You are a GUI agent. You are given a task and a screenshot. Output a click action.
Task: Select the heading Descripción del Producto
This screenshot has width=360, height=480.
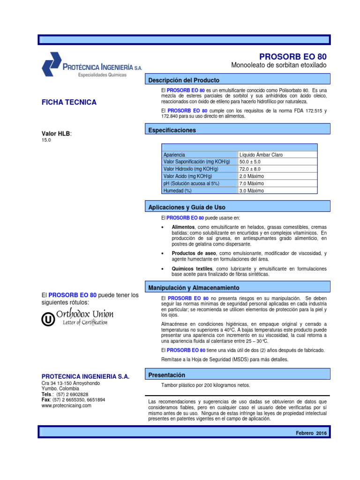click(184, 80)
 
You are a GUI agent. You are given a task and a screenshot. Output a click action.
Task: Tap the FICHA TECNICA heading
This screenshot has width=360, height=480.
click(69, 102)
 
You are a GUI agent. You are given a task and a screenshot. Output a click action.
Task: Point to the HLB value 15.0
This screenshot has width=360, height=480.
click(46, 140)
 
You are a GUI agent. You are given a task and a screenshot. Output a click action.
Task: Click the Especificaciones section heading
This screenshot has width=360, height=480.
click(172, 130)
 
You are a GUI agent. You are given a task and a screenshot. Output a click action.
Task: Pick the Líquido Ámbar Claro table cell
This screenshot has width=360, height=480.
click(261, 155)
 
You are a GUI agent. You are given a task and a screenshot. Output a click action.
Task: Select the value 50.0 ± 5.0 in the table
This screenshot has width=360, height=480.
click(250, 162)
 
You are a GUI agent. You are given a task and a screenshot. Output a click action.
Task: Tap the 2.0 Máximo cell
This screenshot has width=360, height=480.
click(252, 176)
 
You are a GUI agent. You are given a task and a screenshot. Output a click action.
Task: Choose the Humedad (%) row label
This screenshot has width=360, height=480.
click(178, 191)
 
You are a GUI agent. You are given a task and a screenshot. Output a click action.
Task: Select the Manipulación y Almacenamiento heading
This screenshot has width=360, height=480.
click(194, 287)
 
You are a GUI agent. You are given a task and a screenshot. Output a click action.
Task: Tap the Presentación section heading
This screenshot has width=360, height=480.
click(166, 375)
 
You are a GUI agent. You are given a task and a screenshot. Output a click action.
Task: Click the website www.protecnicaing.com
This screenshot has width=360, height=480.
click(67, 405)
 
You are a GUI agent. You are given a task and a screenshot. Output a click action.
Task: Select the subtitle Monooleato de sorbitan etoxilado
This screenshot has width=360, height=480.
click(279, 65)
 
